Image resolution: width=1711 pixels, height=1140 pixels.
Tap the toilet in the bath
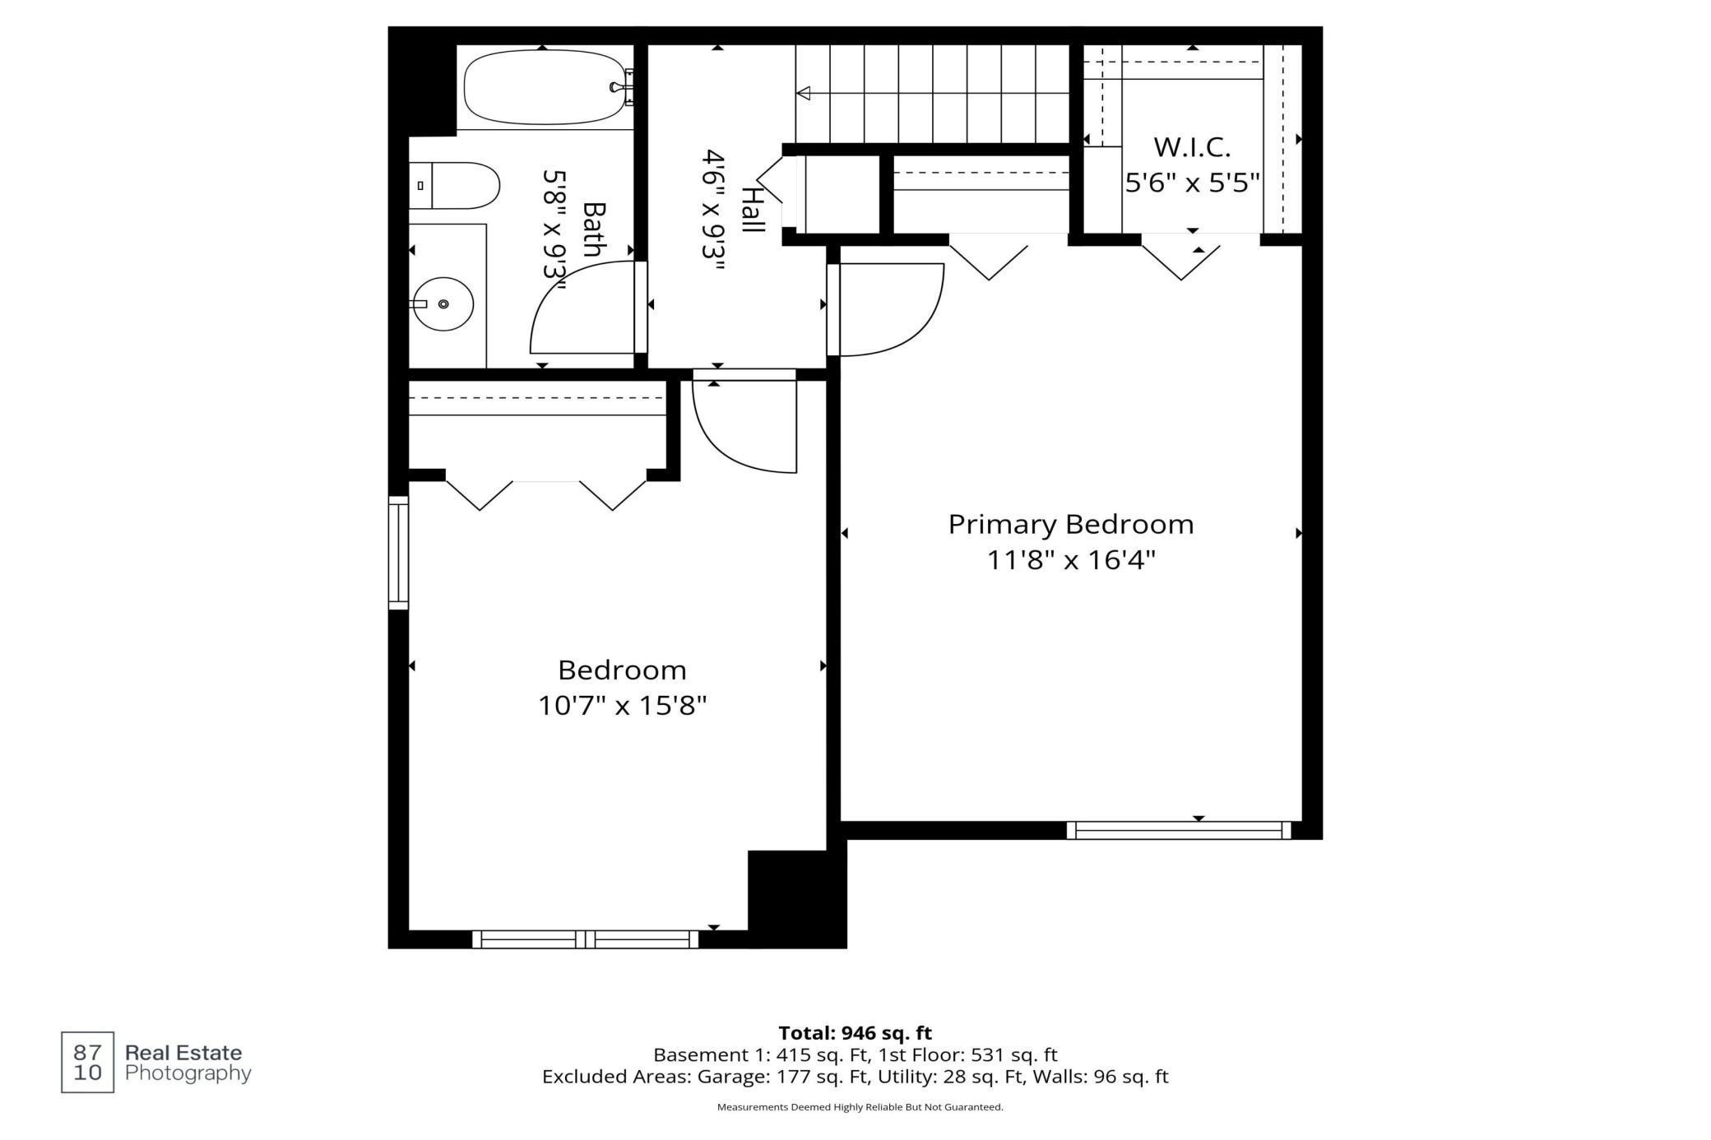455,186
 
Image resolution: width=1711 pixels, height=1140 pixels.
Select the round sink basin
443,304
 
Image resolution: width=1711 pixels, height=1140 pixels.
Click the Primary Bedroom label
1070,524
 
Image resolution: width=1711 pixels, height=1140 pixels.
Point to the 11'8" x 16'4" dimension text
1071,560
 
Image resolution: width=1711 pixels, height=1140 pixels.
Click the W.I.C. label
1192,147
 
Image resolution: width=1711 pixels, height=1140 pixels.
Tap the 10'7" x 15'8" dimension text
622,706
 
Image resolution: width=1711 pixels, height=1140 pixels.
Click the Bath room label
592,229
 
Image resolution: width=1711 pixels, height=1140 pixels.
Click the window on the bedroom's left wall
398,553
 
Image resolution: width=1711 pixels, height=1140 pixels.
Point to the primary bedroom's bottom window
1179,830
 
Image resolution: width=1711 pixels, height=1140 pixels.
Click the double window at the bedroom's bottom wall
585,939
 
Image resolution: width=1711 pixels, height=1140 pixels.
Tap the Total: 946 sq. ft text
855,1033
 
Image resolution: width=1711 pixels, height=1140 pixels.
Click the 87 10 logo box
88,1062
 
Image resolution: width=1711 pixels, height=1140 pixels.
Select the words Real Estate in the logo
183,1053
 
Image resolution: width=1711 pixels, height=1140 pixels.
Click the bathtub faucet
621,87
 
